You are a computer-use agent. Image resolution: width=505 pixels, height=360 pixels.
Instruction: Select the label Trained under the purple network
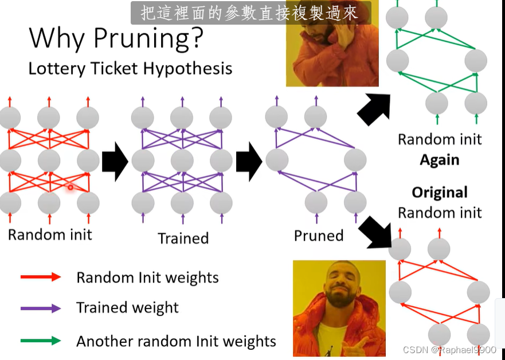click(183, 238)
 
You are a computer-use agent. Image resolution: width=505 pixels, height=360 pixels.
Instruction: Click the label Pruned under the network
click(318, 236)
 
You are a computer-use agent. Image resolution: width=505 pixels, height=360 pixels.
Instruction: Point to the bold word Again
click(439, 160)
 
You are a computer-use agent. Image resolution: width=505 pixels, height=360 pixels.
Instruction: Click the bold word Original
click(440, 192)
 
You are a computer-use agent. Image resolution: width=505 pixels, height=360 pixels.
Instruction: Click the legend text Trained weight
click(127, 308)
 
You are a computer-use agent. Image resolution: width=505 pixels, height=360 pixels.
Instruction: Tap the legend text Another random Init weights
click(176, 341)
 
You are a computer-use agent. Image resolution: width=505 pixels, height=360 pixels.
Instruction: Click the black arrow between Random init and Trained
click(115, 162)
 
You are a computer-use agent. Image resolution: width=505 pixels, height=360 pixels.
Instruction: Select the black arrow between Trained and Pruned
click(249, 162)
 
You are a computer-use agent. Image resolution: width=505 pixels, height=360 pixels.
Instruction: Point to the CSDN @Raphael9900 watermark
click(449, 350)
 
